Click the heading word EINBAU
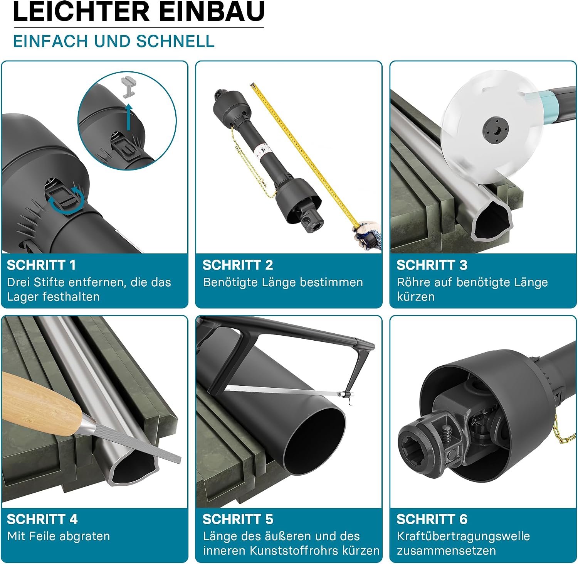point(212,11)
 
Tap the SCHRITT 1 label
point(41,265)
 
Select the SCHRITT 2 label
point(238,265)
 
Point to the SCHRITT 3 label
point(432,265)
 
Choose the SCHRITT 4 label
point(42,519)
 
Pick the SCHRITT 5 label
point(238,519)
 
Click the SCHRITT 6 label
point(432,519)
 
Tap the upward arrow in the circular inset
point(129,117)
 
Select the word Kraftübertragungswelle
point(464,536)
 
